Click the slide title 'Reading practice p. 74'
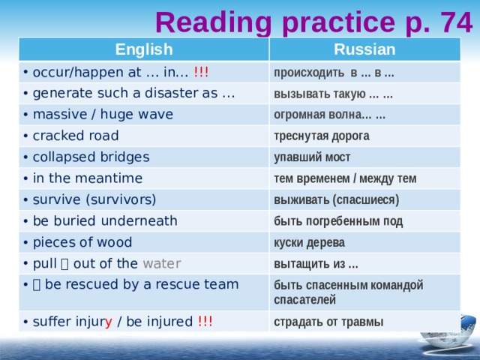[x=313, y=22]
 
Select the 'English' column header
[x=143, y=50]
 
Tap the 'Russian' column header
[x=364, y=50]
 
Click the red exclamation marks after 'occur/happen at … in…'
[x=201, y=72]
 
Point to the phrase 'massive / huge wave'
[x=103, y=114]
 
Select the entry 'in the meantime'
[x=88, y=178]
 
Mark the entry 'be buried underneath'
[x=105, y=220]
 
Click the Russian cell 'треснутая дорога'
[x=321, y=136]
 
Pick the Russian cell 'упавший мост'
[x=312, y=157]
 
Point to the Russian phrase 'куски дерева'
[x=309, y=242]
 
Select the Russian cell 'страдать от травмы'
[x=328, y=322]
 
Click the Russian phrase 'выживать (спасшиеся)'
[x=336, y=199]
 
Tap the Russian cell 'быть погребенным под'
[x=338, y=220]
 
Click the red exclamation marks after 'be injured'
[x=205, y=322]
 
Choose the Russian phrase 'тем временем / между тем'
[x=345, y=178]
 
